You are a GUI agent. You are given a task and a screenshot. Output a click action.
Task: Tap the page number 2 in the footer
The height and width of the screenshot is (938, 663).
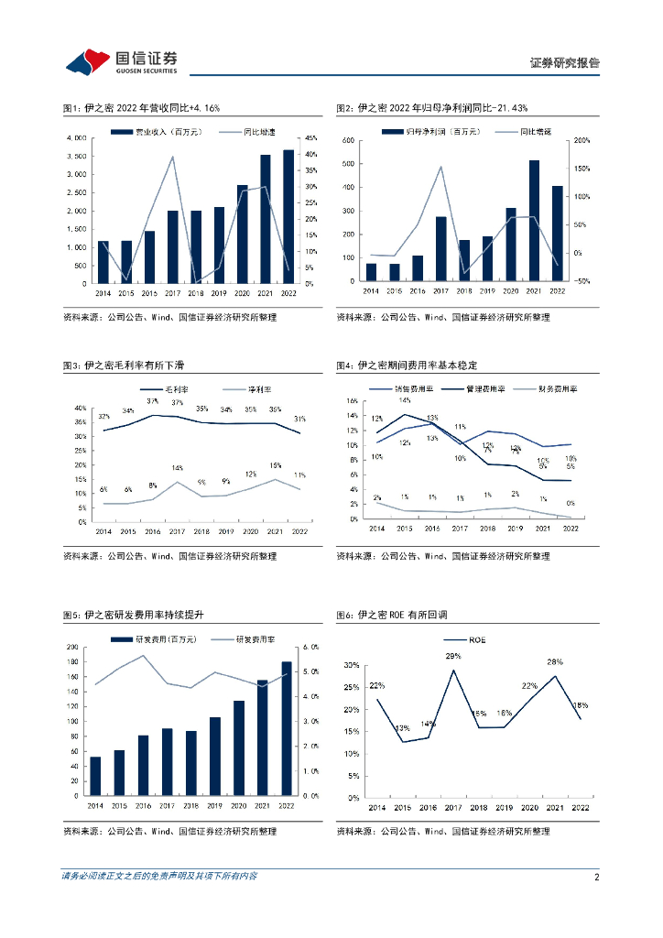click(596, 877)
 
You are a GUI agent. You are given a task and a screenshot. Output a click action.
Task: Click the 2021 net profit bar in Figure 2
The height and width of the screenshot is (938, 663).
click(534, 221)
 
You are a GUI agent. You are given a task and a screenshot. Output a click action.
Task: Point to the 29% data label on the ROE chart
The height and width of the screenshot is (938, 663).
click(453, 657)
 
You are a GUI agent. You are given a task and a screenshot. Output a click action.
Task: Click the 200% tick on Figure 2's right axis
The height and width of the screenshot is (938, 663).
click(581, 141)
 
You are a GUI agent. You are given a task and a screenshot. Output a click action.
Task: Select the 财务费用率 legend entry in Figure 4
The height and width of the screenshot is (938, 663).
click(553, 388)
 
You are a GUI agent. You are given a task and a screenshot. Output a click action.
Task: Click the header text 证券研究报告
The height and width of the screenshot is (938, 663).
click(565, 63)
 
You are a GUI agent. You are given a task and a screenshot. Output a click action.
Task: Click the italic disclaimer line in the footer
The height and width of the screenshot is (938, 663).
click(159, 877)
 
